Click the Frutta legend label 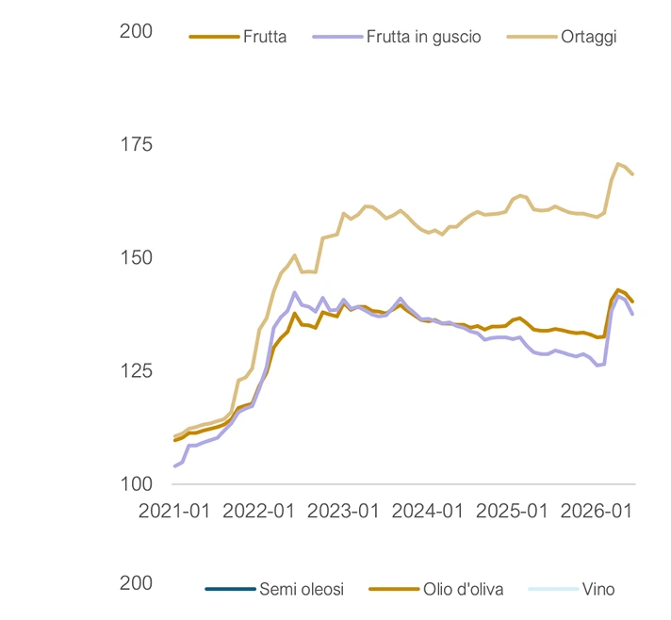click(x=265, y=37)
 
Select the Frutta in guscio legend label click(x=424, y=37)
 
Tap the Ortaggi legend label click(x=588, y=38)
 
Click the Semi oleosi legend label click(x=302, y=589)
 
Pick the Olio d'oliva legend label click(x=463, y=589)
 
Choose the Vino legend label click(x=598, y=589)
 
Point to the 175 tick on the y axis click(x=137, y=144)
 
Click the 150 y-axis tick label click(x=137, y=257)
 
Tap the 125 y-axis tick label click(x=137, y=371)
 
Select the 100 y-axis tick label click(x=137, y=484)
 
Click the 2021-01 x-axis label click(x=174, y=511)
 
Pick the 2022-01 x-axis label click(x=258, y=511)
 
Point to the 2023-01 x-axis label click(x=343, y=511)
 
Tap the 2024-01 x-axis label click(x=428, y=511)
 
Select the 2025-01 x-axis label click(x=512, y=511)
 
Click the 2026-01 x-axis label click(x=597, y=511)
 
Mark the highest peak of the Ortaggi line click(x=617, y=163)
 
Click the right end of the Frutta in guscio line click(x=632, y=314)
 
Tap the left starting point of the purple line click(x=174, y=466)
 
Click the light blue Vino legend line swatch click(x=553, y=589)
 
